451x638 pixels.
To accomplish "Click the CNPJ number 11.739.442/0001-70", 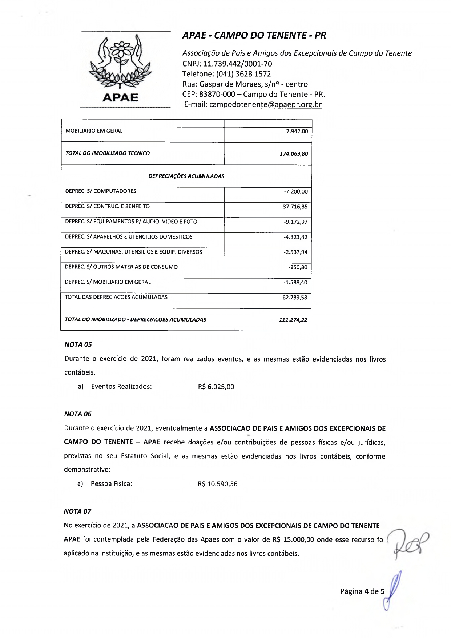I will coord(237,64).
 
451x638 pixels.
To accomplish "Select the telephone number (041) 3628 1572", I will coord(243,74).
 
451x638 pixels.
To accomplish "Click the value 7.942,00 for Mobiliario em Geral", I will coord(297,131).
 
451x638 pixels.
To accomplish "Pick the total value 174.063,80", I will coord(294,154).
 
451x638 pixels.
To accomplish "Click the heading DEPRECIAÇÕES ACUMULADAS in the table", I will coord(186,176).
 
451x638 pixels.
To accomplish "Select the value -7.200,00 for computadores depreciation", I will coord(296,192).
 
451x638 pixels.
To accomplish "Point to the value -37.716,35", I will coord(294,207).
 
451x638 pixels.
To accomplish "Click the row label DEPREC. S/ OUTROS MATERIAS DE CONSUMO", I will coord(121,267).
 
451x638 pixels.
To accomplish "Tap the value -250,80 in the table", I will coord(298,267).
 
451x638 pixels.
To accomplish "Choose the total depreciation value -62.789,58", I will coord(294,298).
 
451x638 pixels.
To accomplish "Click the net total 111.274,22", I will coord(293,320).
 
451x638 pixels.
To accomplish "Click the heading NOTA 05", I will coord(78,344).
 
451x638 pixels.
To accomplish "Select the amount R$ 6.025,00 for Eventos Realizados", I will coord(216,387).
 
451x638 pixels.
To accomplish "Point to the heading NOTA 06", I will coord(78,414).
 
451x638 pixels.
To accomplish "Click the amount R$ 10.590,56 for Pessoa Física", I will coord(218,484).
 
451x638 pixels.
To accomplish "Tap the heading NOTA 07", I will coord(77,511).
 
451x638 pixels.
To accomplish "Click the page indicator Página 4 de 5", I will coord(362,591).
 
